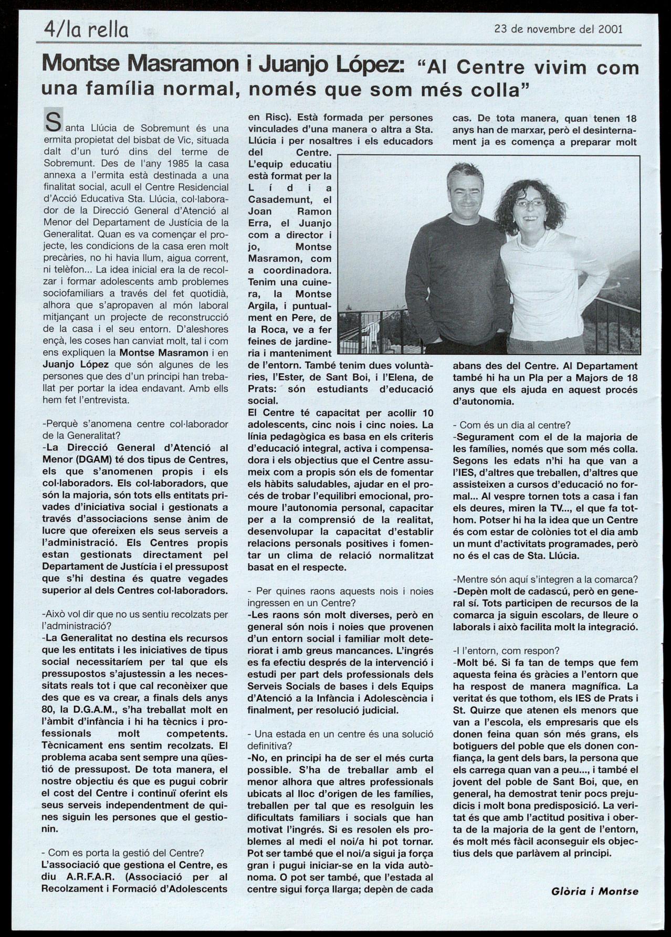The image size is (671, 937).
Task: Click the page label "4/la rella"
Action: coord(86,30)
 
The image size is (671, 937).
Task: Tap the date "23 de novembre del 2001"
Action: coord(559,29)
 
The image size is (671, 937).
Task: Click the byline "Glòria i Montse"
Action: coord(595,891)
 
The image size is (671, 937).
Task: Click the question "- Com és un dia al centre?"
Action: coord(512,425)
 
